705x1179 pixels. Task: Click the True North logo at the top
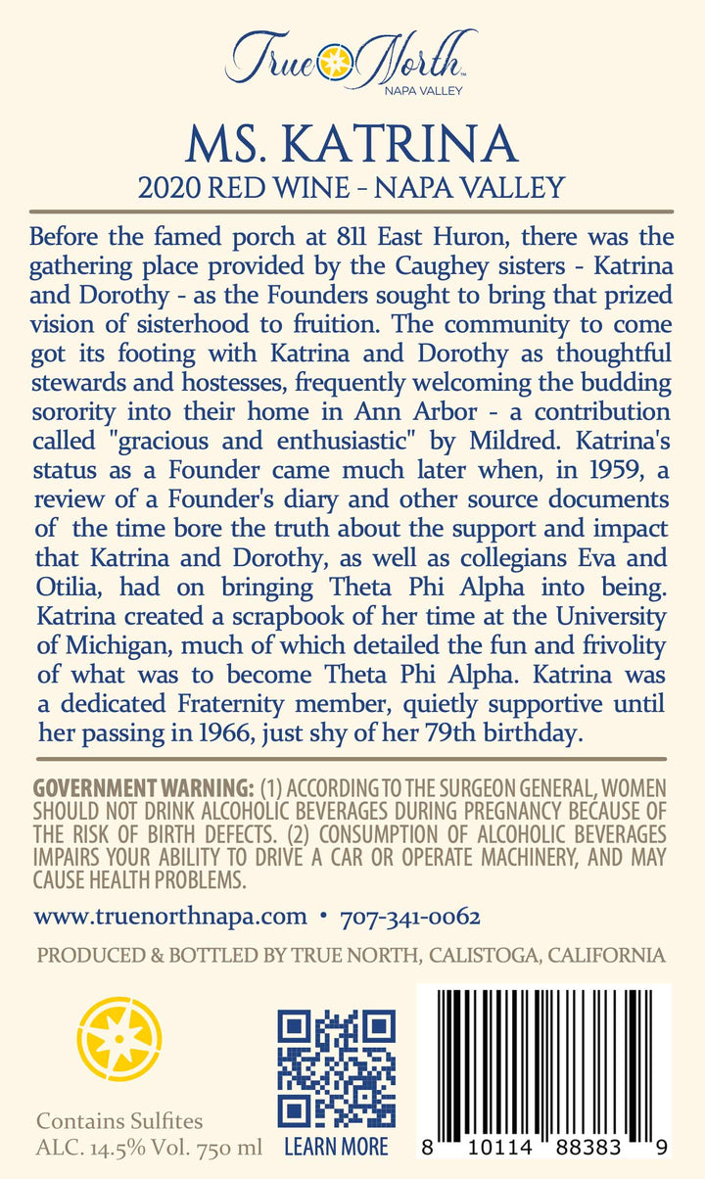[351, 60]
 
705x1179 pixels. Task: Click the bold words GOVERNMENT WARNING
[143, 788]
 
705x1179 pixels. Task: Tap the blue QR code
[337, 1067]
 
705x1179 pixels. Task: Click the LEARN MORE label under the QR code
[336, 1146]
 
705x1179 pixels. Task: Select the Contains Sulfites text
[119, 1121]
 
